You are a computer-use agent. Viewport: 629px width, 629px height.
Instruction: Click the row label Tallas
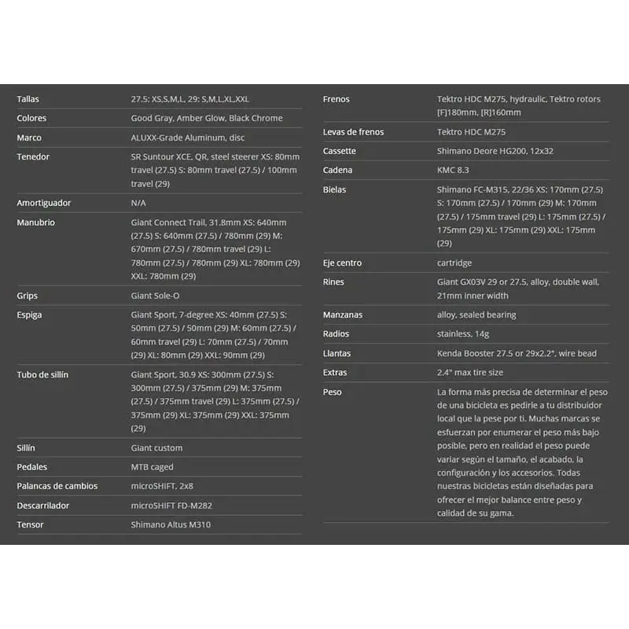(x=28, y=99)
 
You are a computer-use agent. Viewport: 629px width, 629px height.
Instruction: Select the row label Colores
(x=31, y=118)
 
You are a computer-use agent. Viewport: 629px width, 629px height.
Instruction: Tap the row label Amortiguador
(x=44, y=203)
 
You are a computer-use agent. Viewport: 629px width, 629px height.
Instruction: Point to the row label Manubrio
(x=36, y=223)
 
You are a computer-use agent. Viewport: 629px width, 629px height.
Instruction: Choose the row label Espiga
(x=30, y=314)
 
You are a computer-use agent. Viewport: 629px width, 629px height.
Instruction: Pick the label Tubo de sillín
(x=42, y=374)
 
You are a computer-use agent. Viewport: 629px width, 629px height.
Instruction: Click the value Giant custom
(x=156, y=447)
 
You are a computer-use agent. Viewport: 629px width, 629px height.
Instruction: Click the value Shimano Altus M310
(x=171, y=524)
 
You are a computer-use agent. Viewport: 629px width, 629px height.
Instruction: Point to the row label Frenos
(x=336, y=99)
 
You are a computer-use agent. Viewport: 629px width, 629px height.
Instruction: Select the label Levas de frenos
(x=353, y=132)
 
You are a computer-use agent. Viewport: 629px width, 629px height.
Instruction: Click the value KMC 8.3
(x=454, y=170)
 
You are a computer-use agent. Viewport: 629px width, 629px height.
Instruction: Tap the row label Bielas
(x=334, y=189)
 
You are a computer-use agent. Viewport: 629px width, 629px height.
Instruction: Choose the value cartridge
(x=454, y=263)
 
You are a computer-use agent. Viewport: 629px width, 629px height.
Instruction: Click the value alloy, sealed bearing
(x=476, y=314)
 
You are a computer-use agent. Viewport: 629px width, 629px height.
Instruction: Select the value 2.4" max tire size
(x=470, y=372)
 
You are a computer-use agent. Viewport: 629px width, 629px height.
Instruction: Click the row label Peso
(x=333, y=392)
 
